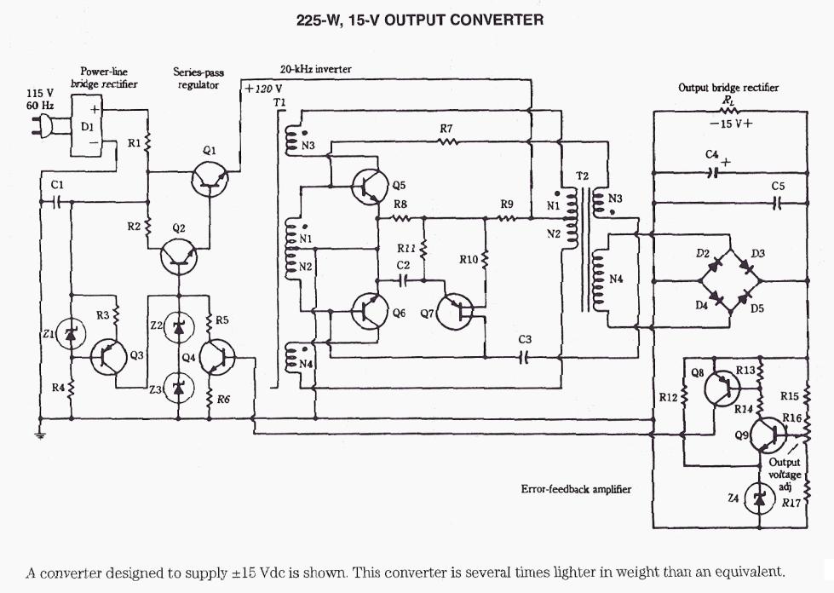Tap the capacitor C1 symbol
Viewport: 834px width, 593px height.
point(56,202)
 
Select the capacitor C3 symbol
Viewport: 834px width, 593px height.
point(524,357)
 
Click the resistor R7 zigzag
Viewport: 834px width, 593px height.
point(447,141)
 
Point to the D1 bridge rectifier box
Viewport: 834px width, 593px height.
point(87,125)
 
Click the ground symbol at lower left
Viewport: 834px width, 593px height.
point(39,435)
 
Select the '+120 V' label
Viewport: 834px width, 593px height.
point(264,88)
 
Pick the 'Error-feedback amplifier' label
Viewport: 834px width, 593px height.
point(576,490)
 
